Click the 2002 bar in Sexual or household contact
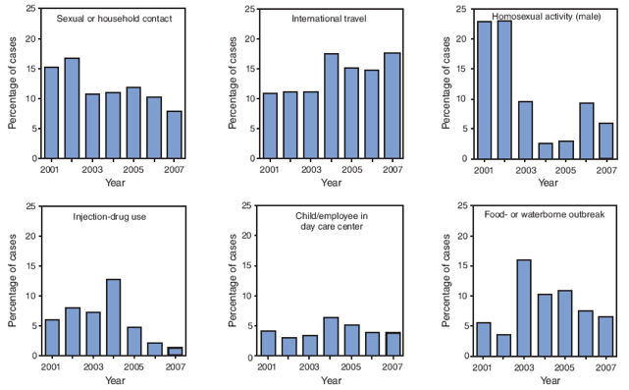(x=73, y=108)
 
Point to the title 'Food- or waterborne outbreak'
(x=546, y=216)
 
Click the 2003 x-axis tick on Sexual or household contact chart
(x=94, y=168)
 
